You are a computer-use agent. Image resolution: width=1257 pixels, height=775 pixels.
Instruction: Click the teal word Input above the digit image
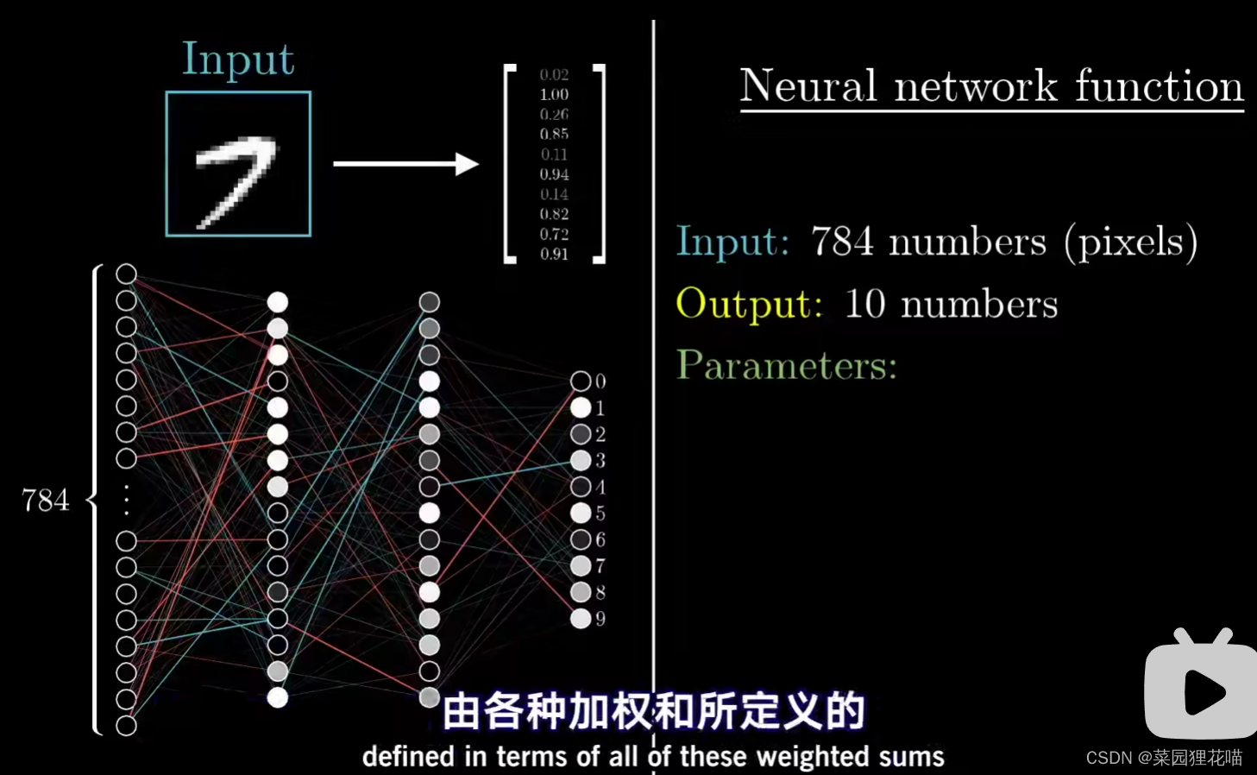238,60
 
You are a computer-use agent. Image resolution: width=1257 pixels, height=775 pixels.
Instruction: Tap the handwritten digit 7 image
237,164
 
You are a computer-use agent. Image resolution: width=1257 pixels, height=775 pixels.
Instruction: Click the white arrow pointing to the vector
405,164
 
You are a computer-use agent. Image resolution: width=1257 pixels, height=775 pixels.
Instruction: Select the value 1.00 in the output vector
554,94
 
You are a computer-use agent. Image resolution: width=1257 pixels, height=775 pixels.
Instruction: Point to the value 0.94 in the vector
554,174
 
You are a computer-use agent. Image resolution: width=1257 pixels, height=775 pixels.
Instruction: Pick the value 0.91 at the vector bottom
554,254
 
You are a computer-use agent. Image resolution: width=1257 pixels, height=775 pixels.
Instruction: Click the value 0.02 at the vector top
554,75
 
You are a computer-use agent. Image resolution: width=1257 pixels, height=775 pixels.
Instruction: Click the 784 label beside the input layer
45,501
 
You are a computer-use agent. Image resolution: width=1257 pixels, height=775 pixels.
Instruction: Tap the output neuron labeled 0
581,381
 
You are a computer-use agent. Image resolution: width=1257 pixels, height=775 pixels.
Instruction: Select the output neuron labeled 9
581,619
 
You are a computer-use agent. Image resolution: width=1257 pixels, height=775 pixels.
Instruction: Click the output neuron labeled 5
581,514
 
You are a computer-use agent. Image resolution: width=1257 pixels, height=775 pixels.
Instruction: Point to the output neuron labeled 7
581,566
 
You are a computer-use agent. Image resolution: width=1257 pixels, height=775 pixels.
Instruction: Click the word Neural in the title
808,86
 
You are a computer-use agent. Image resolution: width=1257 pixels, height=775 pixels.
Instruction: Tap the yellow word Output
749,304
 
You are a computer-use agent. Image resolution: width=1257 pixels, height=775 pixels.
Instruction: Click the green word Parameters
786,366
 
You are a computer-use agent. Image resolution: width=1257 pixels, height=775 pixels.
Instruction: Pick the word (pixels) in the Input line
1130,243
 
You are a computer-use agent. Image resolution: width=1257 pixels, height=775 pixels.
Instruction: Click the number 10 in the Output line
865,304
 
